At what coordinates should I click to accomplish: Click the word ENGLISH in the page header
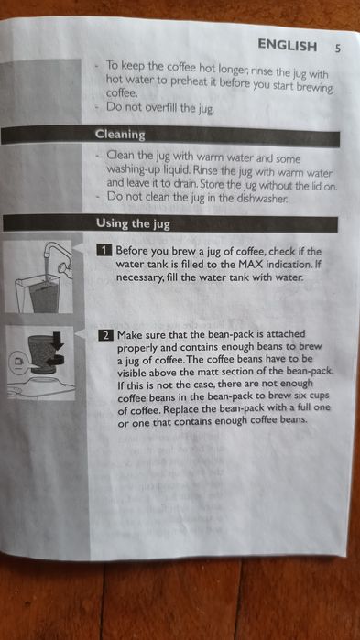[287, 45]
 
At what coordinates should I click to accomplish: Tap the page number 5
[337, 47]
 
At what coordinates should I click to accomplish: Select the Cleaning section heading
[120, 135]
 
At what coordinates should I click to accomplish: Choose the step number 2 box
[106, 335]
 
